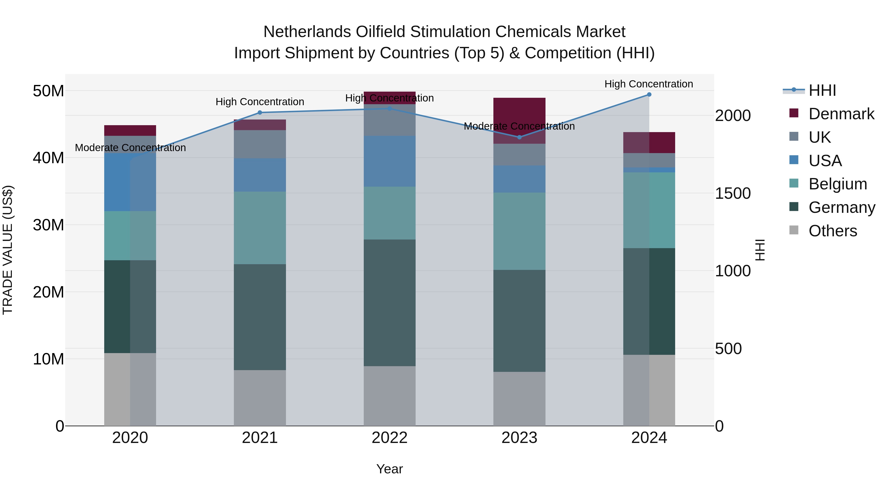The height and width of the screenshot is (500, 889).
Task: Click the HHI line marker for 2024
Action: pos(649,95)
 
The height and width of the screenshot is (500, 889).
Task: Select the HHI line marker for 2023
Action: pos(519,137)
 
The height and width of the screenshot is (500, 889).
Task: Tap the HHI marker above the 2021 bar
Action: pos(260,113)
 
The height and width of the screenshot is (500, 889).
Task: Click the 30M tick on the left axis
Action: pos(48,225)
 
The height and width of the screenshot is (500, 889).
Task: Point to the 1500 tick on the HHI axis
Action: pos(732,193)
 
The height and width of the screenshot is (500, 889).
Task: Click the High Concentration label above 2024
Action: pos(648,84)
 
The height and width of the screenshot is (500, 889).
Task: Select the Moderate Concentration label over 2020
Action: pos(130,148)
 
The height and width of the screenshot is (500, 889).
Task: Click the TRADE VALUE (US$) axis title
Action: pos(8,250)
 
